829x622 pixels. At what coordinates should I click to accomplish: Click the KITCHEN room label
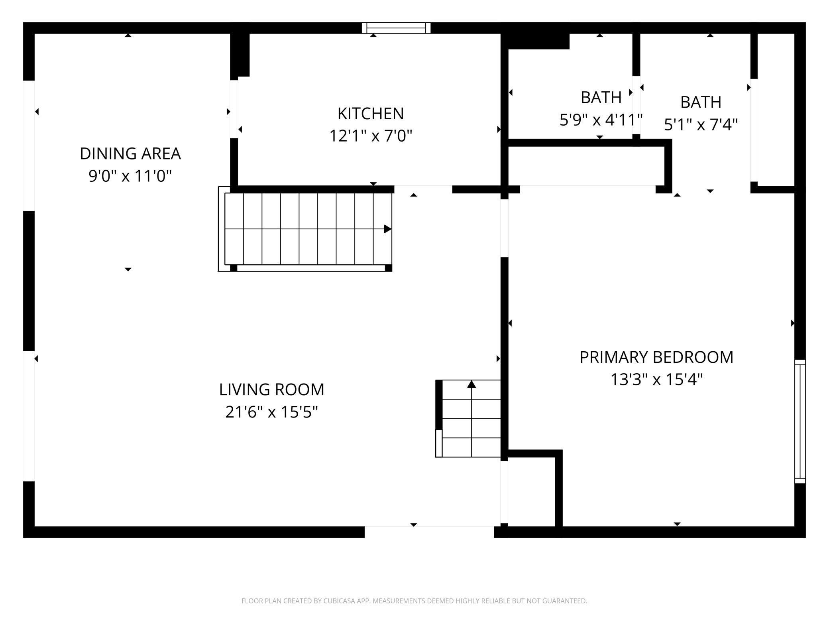(x=370, y=114)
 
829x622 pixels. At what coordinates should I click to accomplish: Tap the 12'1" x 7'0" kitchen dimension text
(x=370, y=136)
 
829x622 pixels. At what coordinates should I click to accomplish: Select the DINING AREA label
(x=130, y=154)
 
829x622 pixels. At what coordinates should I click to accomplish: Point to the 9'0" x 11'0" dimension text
(x=130, y=176)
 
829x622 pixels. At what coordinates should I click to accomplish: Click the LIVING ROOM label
(x=271, y=390)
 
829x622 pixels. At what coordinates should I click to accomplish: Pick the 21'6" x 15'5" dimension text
(x=271, y=412)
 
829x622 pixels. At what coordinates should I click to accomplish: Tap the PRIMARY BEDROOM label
(x=656, y=357)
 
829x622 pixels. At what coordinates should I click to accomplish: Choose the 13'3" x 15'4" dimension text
(x=656, y=379)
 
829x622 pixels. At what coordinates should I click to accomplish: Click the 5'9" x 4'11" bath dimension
(x=601, y=120)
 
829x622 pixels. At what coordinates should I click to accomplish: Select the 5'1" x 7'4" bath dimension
(x=701, y=125)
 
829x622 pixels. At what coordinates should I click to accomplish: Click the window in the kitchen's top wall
(x=396, y=28)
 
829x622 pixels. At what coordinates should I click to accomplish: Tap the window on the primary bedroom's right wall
(x=800, y=421)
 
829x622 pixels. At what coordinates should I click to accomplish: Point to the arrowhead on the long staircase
(x=387, y=229)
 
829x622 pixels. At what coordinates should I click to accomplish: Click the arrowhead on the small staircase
(x=471, y=384)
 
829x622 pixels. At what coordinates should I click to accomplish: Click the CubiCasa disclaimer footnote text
(x=414, y=601)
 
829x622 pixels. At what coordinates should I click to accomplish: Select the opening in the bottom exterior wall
(x=429, y=532)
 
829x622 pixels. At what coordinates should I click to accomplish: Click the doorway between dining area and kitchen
(x=234, y=109)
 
